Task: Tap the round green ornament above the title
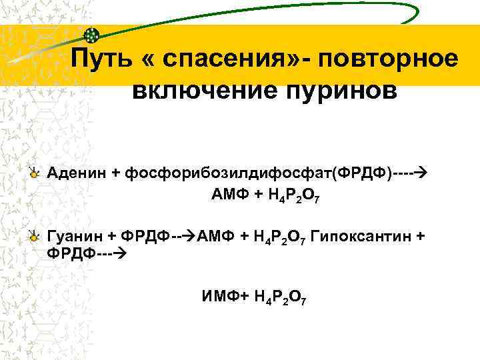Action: (93, 35)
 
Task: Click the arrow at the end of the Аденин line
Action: (420, 173)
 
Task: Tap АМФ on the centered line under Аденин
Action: (227, 194)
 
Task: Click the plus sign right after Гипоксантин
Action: (420, 237)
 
